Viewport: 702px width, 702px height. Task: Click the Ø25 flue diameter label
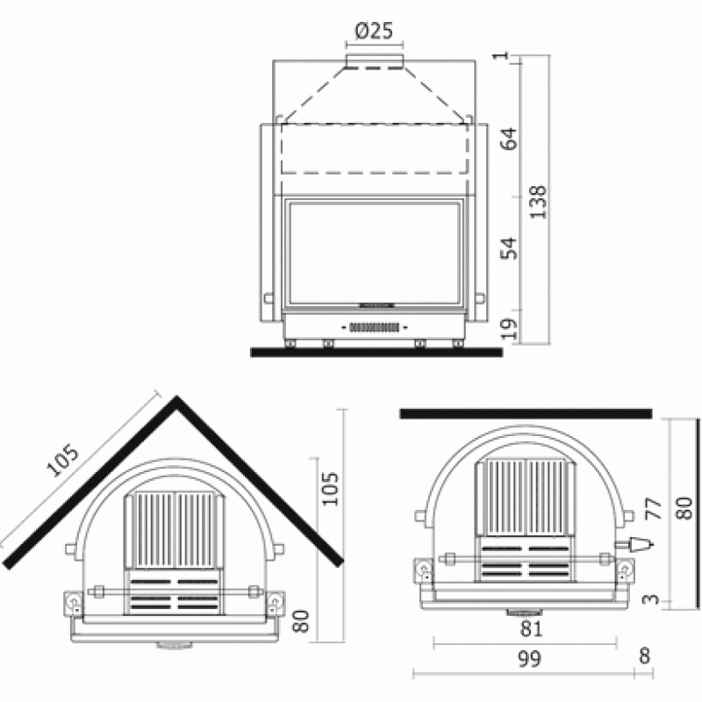tap(374, 31)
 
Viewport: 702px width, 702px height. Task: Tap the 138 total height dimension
tap(538, 202)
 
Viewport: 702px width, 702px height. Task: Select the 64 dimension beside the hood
tap(509, 139)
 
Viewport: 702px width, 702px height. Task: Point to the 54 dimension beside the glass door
tap(509, 248)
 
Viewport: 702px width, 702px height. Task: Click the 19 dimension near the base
tap(509, 328)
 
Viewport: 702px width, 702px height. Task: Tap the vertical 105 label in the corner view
tap(331, 489)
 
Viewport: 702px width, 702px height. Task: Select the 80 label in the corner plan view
tap(301, 621)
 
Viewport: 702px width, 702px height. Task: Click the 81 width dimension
tap(531, 629)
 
